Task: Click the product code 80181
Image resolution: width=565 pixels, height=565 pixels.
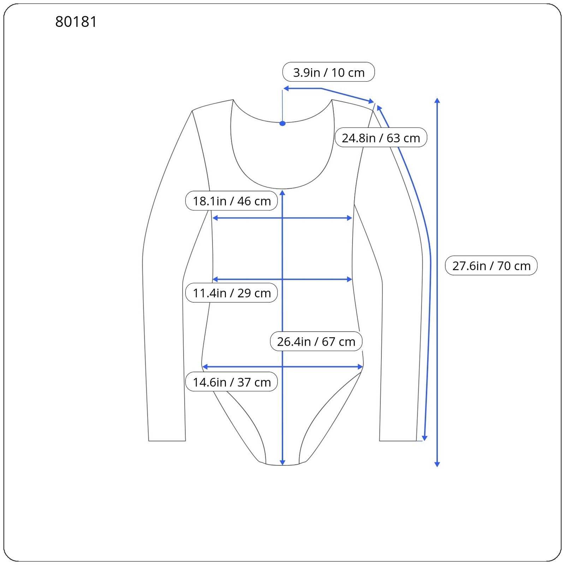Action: [76, 22]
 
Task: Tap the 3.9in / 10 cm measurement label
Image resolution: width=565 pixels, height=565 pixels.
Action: [328, 72]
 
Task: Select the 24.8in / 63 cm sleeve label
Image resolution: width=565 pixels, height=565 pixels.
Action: [381, 138]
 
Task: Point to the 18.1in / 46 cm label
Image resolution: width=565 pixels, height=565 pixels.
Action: [232, 201]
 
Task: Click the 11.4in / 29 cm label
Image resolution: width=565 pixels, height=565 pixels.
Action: [232, 293]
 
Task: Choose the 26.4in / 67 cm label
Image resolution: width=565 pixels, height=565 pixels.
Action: [316, 341]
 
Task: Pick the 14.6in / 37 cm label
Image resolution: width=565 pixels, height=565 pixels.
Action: [232, 382]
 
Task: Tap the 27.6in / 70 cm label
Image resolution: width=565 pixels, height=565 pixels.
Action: [491, 266]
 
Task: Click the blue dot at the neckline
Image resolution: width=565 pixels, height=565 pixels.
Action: [282, 123]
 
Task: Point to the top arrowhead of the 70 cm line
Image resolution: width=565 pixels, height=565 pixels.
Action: [437, 100]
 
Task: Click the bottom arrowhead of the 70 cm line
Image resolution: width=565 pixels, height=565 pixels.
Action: [437, 464]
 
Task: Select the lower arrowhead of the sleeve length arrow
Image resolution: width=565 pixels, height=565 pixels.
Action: [425, 438]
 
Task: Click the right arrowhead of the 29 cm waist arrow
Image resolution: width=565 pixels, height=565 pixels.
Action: [350, 279]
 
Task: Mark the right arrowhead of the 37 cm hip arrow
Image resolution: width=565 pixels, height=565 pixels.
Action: [361, 367]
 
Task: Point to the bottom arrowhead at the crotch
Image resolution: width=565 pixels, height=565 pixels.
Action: [282, 463]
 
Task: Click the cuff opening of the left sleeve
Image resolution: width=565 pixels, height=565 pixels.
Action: [167, 441]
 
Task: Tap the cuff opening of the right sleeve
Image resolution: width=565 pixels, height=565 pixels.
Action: [398, 441]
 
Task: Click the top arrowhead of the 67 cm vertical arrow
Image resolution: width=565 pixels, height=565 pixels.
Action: [282, 192]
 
